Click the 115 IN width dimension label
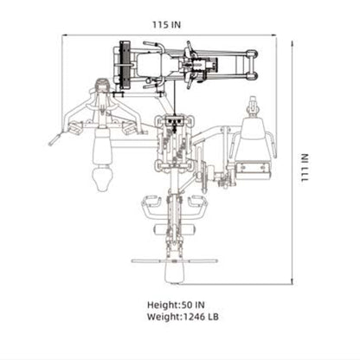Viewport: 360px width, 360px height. (166, 25)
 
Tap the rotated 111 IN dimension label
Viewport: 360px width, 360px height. (305, 168)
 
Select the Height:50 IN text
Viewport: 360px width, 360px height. (176, 305)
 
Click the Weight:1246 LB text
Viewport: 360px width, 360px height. (183, 317)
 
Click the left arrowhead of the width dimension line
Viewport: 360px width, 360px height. (65, 35)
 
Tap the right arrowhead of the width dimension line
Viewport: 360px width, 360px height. (273, 35)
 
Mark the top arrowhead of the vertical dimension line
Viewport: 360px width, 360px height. (292, 43)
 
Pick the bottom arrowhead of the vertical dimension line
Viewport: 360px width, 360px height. (292, 281)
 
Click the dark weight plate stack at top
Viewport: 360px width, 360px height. (125, 65)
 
